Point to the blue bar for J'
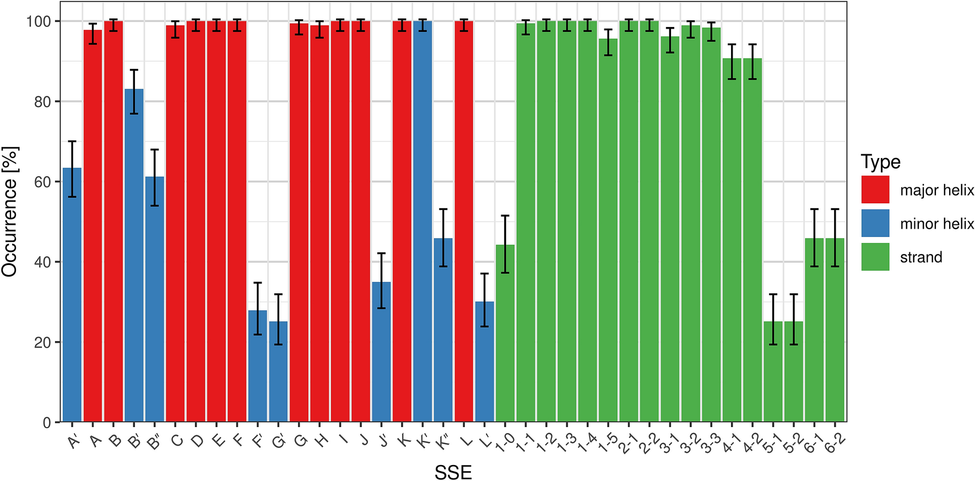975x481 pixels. click(x=381, y=352)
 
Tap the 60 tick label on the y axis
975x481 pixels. click(x=42, y=182)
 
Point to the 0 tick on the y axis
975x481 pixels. click(x=47, y=423)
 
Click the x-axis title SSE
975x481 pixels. click(x=453, y=472)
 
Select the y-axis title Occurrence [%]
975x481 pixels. click(x=10, y=212)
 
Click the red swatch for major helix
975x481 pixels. click(x=875, y=190)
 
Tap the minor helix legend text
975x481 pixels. click(x=936, y=224)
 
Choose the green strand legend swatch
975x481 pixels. click(x=875, y=257)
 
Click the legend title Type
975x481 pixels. click(x=880, y=162)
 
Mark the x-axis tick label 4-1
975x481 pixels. click(x=731, y=443)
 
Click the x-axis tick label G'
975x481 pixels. click(x=278, y=441)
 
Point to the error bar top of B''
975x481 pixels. click(x=155, y=149)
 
